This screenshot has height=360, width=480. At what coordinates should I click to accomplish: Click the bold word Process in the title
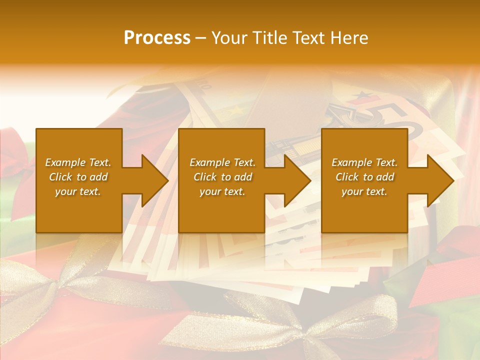(157, 38)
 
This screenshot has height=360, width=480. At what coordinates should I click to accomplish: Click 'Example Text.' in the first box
(78, 162)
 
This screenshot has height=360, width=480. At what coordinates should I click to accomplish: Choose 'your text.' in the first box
(78, 191)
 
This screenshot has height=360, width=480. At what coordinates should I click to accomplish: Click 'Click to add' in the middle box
(222, 177)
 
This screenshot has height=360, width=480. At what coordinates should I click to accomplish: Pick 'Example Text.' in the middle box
(222, 162)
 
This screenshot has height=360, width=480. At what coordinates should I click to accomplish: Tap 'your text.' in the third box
(364, 191)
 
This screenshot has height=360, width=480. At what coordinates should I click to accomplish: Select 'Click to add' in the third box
(364, 177)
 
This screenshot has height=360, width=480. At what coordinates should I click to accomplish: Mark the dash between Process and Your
(200, 38)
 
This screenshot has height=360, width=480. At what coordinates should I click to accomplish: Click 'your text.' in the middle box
(222, 191)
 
